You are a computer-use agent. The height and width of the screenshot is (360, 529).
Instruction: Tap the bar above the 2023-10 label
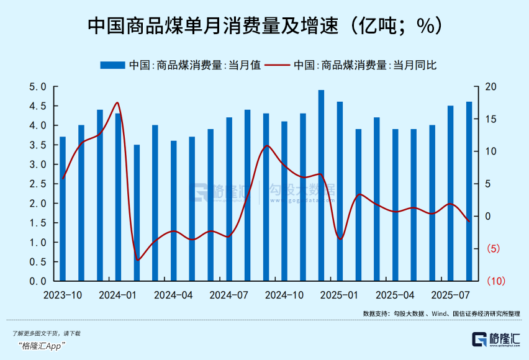pyautogui.click(x=63, y=209)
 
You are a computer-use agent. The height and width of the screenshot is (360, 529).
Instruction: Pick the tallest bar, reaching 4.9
pyautogui.click(x=321, y=186)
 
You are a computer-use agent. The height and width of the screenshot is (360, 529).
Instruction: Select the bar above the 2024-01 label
pyautogui.click(x=118, y=197)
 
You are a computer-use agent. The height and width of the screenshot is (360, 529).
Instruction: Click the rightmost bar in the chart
pyautogui.click(x=469, y=191)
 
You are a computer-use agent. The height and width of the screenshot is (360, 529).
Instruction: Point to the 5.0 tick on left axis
pyautogui.click(x=38, y=87)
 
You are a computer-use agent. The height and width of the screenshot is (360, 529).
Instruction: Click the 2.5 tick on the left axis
pyautogui.click(x=38, y=184)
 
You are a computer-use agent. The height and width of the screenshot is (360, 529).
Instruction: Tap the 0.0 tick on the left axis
pyautogui.click(x=38, y=281)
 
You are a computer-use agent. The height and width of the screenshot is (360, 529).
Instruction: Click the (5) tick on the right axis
pyautogui.click(x=490, y=249)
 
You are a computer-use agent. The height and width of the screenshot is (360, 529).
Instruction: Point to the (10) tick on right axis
pyautogui.click(x=492, y=281)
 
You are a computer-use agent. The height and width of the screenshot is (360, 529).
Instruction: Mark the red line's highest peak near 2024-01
pyautogui.click(x=117, y=103)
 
